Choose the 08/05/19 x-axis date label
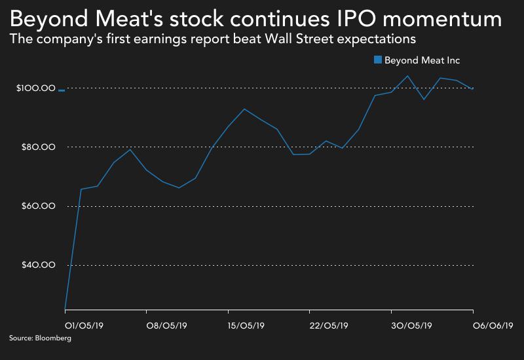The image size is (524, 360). coord(164,325)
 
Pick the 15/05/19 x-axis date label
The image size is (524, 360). coord(246,325)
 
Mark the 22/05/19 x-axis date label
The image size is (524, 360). coord(327,325)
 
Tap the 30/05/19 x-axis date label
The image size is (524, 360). coord(411,325)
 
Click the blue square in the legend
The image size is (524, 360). coord(377,60)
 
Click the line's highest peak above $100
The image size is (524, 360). coord(408,75)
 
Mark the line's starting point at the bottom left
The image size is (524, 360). coord(64,308)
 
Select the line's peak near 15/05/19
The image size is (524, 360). coord(244,109)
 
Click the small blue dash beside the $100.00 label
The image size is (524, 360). coord(61,91)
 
